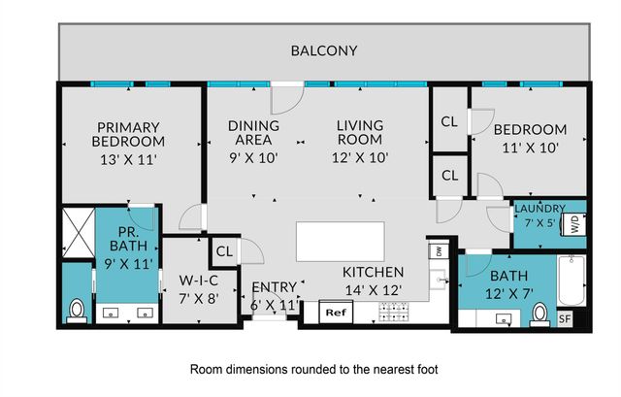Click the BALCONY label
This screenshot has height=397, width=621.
[325, 50]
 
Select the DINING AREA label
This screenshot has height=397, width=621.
[253, 133]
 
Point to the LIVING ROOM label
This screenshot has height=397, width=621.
[360, 133]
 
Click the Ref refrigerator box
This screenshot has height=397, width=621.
[335, 313]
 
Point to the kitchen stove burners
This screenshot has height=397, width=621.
[396, 312]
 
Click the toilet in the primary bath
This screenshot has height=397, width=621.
[77, 310]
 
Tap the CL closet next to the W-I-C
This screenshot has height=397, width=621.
[223, 250]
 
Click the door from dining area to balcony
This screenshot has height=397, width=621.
[286, 97]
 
